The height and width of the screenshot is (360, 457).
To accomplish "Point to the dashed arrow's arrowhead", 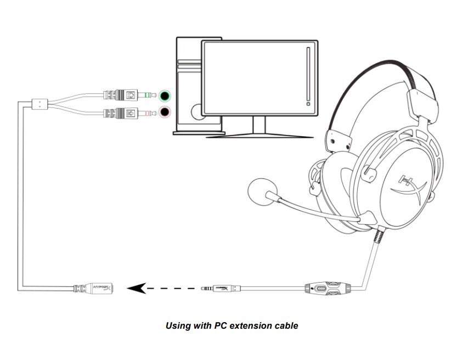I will pyautogui.click(x=136, y=288).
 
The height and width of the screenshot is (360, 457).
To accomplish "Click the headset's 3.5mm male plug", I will pyautogui.click(x=219, y=288).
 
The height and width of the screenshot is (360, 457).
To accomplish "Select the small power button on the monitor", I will pyautogui.click(x=308, y=103).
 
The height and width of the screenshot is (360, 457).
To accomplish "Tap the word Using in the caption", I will pyautogui.click(x=177, y=325).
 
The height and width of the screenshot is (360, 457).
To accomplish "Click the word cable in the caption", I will pyautogui.click(x=286, y=325).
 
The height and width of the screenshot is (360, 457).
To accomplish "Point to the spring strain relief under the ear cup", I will pyautogui.click(x=378, y=237).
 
